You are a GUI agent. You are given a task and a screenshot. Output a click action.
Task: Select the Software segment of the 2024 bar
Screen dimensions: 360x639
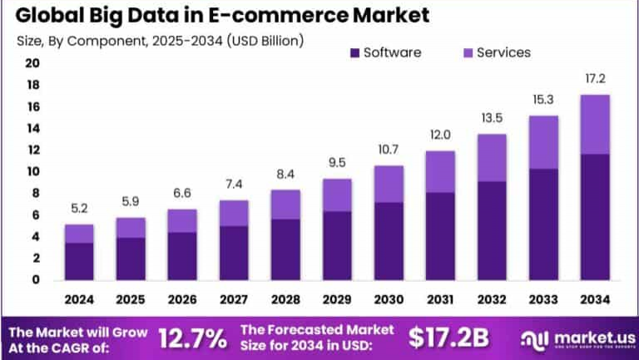(x=79, y=261)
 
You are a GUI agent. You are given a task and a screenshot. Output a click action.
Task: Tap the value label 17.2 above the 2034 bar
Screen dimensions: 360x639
(x=593, y=79)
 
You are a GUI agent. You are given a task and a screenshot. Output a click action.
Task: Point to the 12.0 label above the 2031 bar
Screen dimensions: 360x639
(x=439, y=135)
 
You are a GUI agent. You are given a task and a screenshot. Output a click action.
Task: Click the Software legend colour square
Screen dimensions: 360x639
(x=353, y=52)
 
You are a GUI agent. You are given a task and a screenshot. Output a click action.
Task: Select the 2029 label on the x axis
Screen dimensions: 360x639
(x=337, y=299)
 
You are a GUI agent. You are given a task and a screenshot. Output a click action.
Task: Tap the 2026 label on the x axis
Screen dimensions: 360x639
(x=182, y=299)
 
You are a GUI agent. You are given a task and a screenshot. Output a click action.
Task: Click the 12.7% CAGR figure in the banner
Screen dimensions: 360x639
(x=192, y=338)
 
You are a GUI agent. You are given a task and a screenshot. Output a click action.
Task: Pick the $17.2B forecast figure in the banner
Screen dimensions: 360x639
(x=448, y=338)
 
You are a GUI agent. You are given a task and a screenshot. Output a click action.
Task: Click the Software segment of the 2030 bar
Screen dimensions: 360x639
(x=389, y=240)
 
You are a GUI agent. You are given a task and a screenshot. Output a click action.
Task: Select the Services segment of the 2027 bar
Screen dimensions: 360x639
(x=234, y=213)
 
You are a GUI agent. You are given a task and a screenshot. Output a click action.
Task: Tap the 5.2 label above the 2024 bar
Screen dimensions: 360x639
(x=79, y=209)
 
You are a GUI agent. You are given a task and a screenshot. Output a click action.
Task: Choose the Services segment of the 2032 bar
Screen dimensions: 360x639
(x=491, y=158)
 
